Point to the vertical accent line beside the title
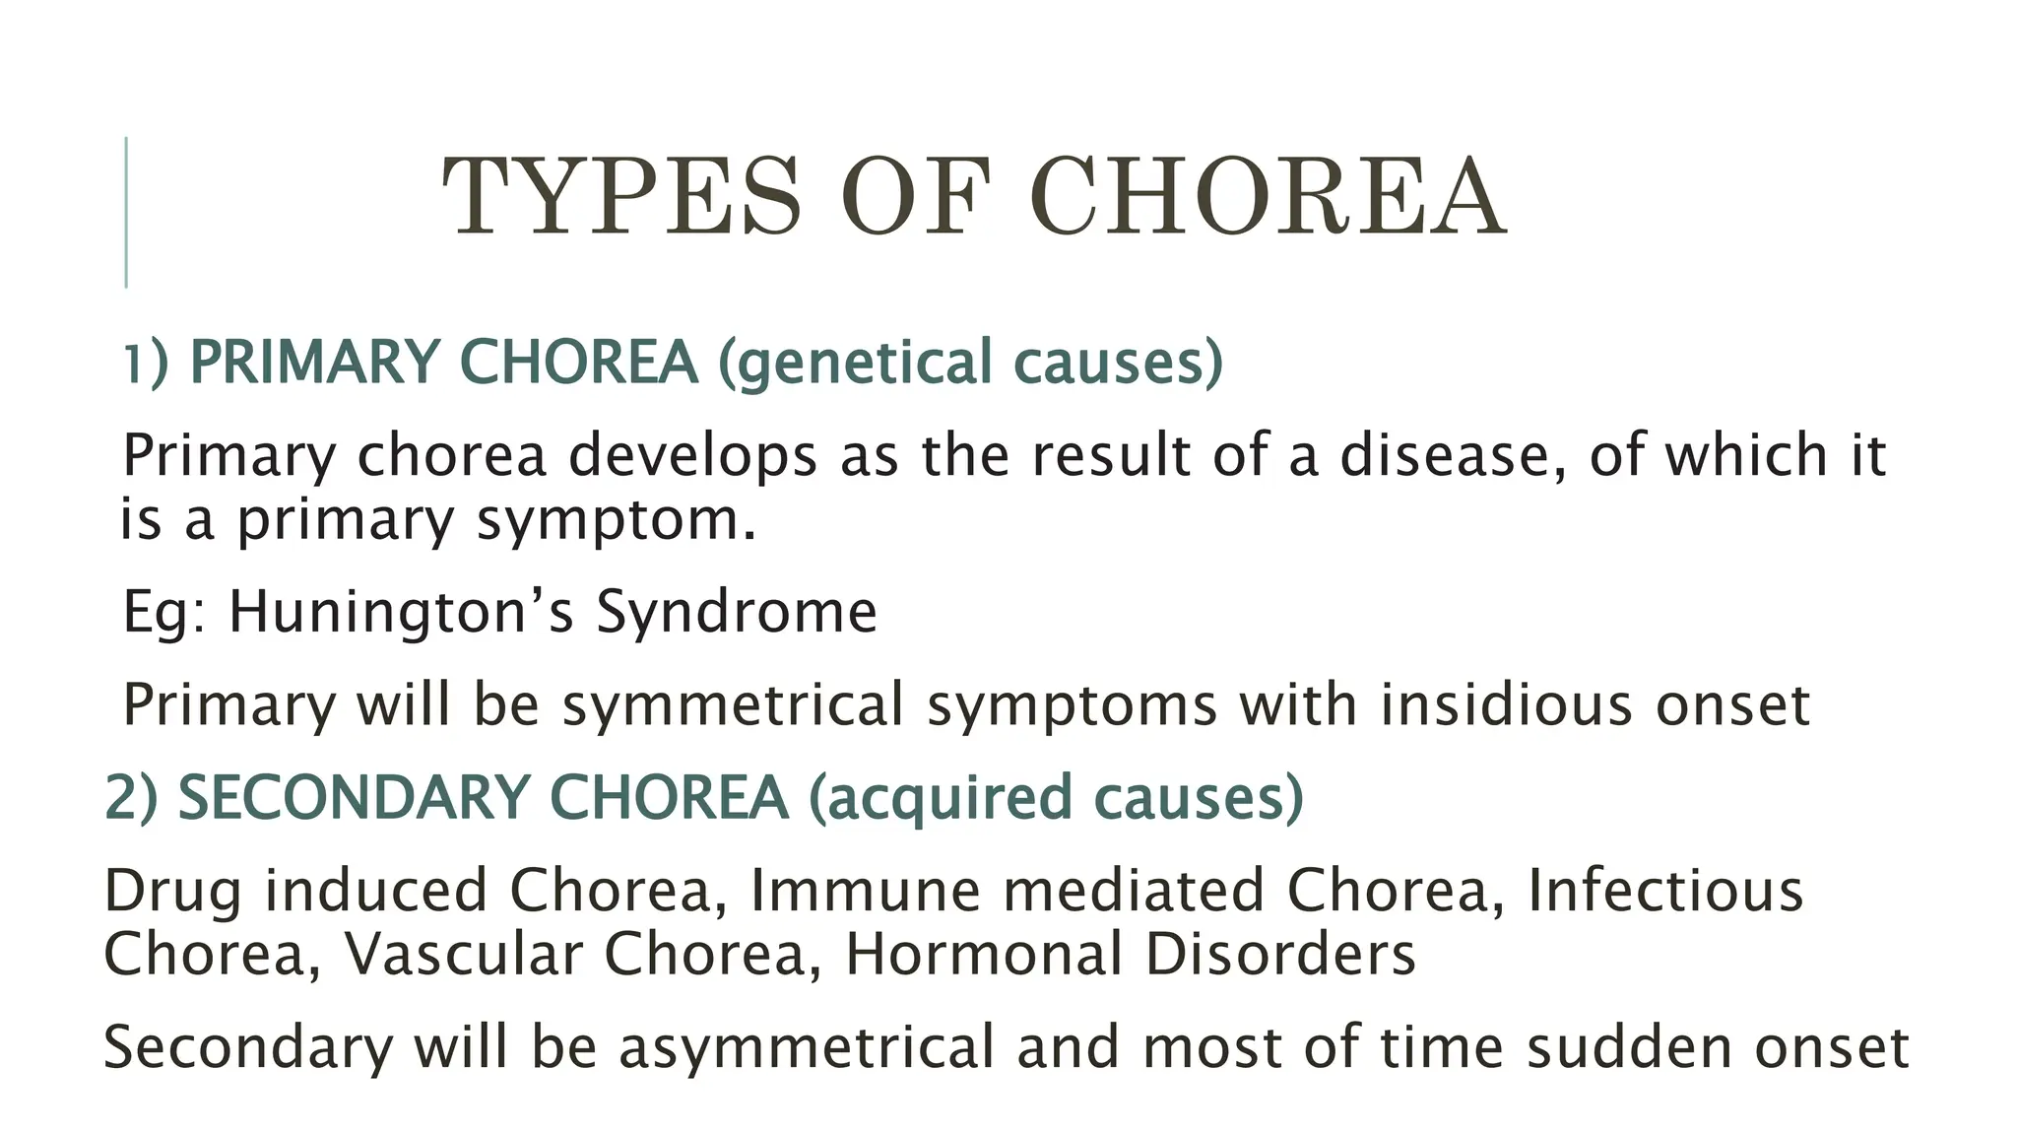(x=126, y=212)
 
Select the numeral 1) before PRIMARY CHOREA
(x=146, y=362)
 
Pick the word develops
(x=692, y=456)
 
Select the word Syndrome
(x=736, y=612)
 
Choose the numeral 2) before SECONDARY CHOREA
(x=131, y=797)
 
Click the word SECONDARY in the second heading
(x=354, y=797)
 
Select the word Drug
(x=172, y=891)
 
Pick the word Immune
(x=866, y=891)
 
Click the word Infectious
(x=1665, y=891)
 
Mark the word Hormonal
(x=984, y=955)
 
